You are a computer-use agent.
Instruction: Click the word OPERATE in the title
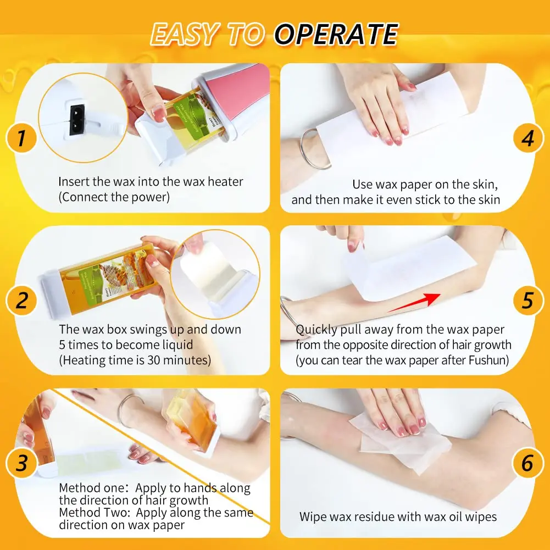[336, 35]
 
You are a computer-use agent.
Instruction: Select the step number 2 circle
[21, 301]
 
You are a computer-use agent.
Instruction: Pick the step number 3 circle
[21, 463]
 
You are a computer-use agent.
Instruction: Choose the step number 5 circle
[527, 301]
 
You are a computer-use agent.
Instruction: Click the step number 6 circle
[527, 463]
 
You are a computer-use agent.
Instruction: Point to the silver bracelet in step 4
[314, 148]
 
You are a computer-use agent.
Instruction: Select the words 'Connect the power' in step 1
[114, 197]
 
